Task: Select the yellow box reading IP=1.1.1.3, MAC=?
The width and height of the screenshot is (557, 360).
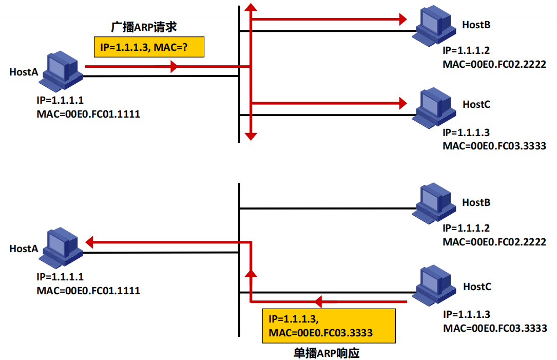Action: point(149,47)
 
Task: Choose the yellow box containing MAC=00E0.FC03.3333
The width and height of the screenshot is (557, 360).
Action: point(329,326)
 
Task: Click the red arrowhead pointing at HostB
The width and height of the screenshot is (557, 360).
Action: point(402,20)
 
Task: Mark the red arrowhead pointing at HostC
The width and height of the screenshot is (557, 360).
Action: point(402,103)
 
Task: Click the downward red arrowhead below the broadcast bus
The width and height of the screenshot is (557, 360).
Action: point(250,136)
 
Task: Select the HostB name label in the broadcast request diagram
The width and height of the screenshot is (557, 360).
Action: point(476,25)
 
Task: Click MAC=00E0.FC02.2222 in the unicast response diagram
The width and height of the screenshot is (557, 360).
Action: point(494,241)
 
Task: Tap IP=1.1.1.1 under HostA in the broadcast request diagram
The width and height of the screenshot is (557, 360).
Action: point(60,101)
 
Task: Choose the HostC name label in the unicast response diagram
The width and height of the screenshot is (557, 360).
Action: point(477,286)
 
